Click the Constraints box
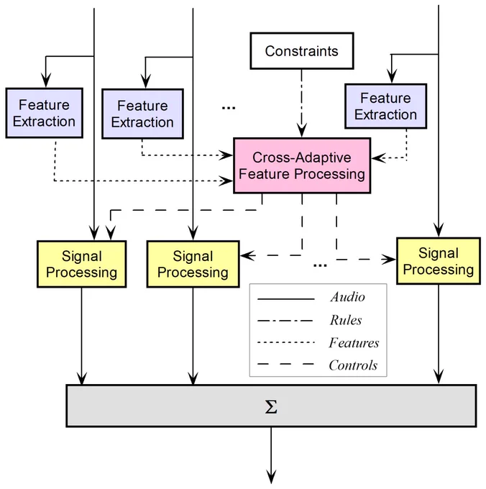[x=302, y=51]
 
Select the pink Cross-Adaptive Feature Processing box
[x=302, y=165]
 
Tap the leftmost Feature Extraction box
[x=45, y=113]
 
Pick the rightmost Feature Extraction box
[x=385, y=106]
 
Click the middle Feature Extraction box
[x=142, y=114]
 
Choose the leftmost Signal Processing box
[x=82, y=264]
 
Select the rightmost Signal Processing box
[x=439, y=261]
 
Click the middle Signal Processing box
[x=193, y=264]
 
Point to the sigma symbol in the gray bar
[x=271, y=407]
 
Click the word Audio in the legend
[x=347, y=297]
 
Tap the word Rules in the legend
[x=346, y=320]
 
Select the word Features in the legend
[x=354, y=343]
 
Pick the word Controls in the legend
[x=353, y=365]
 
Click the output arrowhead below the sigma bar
[x=271, y=477]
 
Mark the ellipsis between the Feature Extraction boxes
[x=229, y=108]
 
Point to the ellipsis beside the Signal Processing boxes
[x=320, y=265]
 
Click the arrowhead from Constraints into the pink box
[x=301, y=130]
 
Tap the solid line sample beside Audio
[x=286, y=299]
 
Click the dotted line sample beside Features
[x=286, y=343]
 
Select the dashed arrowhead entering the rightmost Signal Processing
[x=389, y=259]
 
